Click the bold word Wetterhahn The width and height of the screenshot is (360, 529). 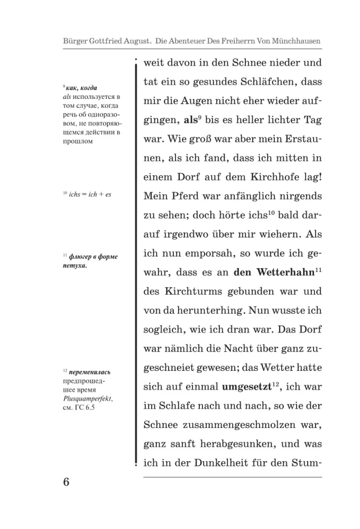click(x=285, y=272)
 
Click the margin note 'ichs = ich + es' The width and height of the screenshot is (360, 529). click(x=86, y=194)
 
